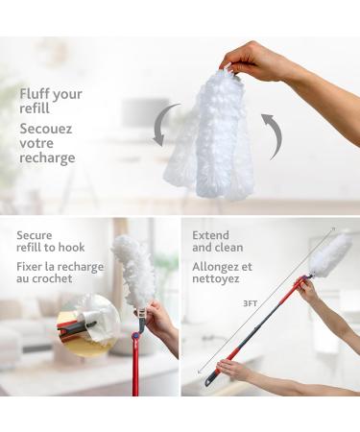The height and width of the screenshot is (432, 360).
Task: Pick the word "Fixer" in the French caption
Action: [34, 267]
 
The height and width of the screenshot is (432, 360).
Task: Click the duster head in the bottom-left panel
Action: [132, 272]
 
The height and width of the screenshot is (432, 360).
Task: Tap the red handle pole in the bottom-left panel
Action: [134, 370]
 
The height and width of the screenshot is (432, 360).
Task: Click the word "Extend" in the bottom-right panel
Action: [211, 234]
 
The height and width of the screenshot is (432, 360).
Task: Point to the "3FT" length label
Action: [250, 302]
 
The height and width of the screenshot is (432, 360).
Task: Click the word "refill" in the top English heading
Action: [36, 109]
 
